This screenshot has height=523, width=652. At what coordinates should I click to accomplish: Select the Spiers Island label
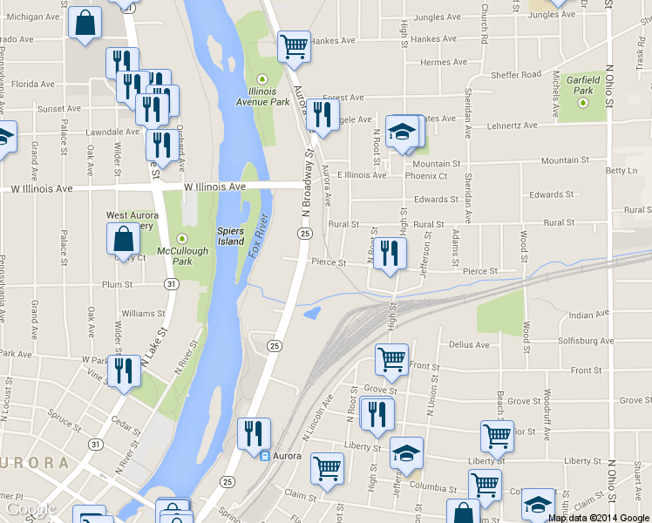[230, 235]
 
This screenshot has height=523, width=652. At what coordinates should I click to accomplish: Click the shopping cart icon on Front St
[392, 358]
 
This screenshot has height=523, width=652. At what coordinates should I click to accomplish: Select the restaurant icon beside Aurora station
[254, 433]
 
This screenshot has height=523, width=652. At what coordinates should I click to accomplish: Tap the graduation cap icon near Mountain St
[401, 132]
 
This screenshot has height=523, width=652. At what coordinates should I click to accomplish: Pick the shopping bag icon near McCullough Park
[123, 238]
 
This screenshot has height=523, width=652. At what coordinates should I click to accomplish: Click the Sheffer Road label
[517, 76]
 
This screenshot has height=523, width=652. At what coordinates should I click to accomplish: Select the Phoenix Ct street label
[426, 176]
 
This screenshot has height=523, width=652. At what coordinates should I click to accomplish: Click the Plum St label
[116, 284]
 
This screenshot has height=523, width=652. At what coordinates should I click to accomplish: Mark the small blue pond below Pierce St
[311, 312]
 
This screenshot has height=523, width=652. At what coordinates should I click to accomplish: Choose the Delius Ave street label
[469, 345]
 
